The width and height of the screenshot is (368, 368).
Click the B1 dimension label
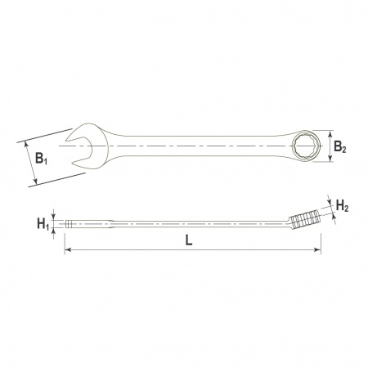(42, 159)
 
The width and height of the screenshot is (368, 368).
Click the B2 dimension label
(340, 146)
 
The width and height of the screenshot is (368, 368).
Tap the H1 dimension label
(43, 224)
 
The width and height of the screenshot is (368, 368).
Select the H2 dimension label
(342, 205)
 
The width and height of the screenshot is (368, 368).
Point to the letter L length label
(189, 240)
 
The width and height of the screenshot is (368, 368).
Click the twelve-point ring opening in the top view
(307, 146)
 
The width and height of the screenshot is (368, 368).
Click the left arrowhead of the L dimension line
(67, 249)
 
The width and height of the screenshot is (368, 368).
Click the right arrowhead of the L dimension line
(317, 249)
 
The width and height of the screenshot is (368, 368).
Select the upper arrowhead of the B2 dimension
(330, 134)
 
